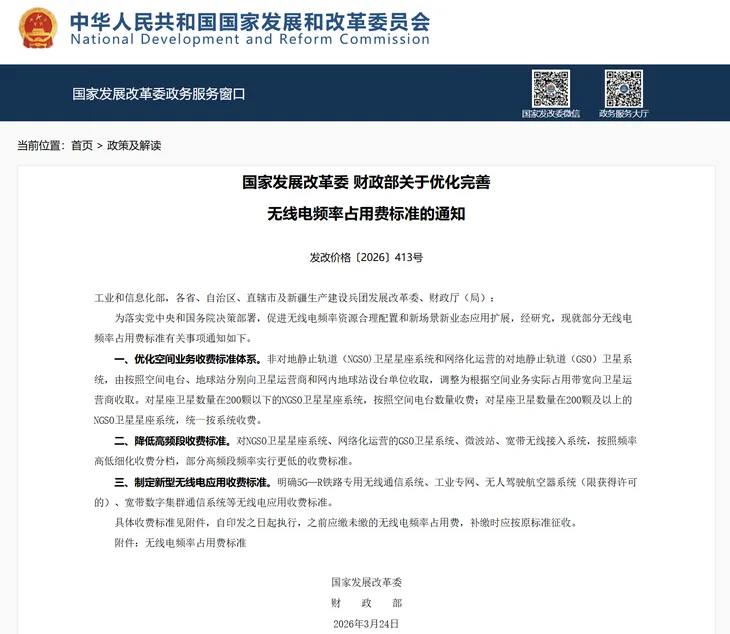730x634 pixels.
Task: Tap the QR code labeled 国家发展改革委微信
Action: [x=550, y=88]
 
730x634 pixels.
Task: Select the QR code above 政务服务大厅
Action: [x=624, y=88]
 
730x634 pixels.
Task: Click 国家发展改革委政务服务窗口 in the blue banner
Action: [x=158, y=94]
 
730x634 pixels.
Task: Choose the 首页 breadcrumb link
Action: [x=82, y=145]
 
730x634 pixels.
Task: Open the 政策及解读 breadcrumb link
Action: [x=134, y=145]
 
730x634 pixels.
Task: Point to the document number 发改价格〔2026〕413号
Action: [x=366, y=257]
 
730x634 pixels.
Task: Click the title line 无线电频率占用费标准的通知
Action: [x=366, y=213]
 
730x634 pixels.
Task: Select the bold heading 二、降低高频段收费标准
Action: [x=170, y=440]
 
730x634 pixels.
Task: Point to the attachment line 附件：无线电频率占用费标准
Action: [x=180, y=542]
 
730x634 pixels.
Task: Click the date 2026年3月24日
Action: [x=366, y=623]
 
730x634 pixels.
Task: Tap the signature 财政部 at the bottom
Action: [x=366, y=603]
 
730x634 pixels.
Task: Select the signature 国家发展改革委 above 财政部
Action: [x=366, y=582]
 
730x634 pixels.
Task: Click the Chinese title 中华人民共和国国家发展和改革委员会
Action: [x=250, y=20]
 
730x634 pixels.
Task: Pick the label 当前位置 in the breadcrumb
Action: [x=37, y=145]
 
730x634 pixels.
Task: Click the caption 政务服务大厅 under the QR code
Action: [x=624, y=113]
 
